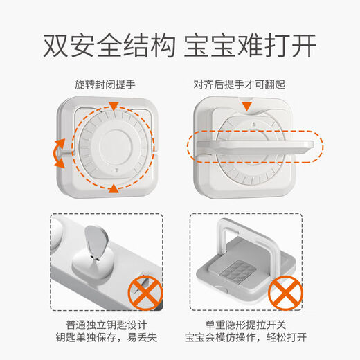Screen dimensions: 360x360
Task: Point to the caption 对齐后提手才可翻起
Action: [x=248, y=86]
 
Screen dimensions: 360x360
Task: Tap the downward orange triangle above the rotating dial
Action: [x=112, y=107]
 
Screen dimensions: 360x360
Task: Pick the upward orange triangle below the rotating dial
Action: [x=112, y=188]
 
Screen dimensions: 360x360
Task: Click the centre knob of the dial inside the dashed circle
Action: [x=112, y=147]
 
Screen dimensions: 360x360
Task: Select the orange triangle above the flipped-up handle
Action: [x=248, y=105]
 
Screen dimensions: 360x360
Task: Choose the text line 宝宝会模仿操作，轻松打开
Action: [x=248, y=340]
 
